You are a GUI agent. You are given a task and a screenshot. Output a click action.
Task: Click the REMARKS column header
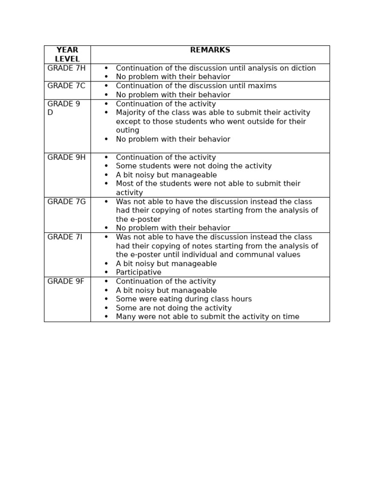pyautogui.click(x=210, y=50)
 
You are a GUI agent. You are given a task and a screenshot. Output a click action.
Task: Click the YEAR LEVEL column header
pyautogui.click(x=67, y=55)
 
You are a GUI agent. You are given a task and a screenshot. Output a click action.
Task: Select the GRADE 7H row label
pyautogui.click(x=66, y=68)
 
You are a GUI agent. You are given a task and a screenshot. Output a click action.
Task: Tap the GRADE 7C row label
pyautogui.click(x=66, y=86)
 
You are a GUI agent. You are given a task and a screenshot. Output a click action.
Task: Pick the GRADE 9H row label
pyautogui.click(x=66, y=157)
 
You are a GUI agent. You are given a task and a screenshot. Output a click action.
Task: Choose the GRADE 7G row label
pyautogui.click(x=66, y=202)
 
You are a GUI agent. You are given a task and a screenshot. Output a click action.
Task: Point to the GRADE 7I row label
pyautogui.click(x=65, y=237)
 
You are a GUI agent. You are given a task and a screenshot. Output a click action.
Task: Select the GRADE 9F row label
pyautogui.click(x=66, y=281)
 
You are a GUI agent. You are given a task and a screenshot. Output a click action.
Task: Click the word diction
pyautogui.click(x=302, y=68)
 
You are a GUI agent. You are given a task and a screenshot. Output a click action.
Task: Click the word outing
pyautogui.click(x=128, y=131)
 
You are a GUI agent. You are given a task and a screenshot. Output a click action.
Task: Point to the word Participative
pyautogui.click(x=138, y=272)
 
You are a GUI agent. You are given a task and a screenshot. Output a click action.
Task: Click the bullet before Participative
pyautogui.click(x=106, y=273)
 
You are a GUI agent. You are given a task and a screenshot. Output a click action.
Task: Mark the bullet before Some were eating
pyautogui.click(x=106, y=299)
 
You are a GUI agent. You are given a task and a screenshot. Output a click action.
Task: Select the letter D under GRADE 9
pyautogui.click(x=50, y=113)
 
